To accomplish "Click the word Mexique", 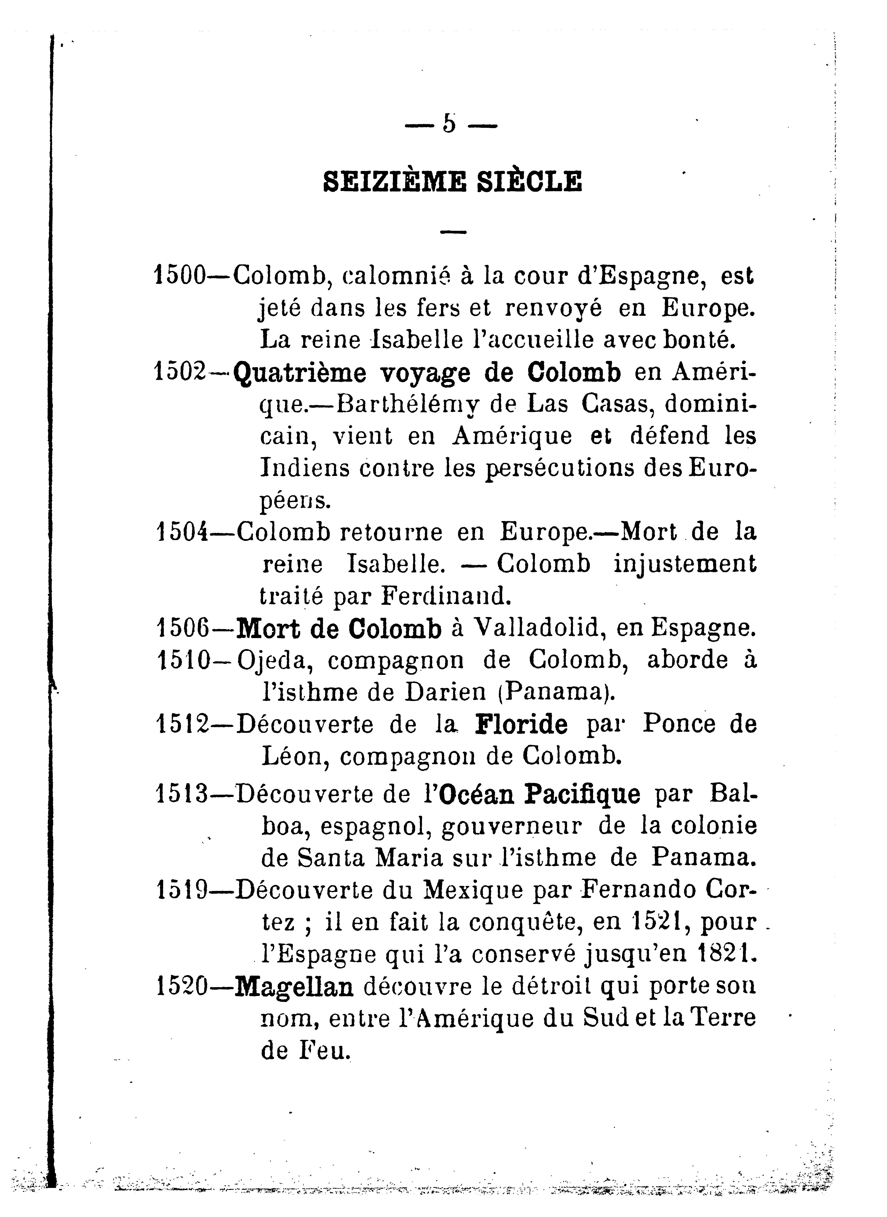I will pyautogui.click(x=473, y=890).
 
